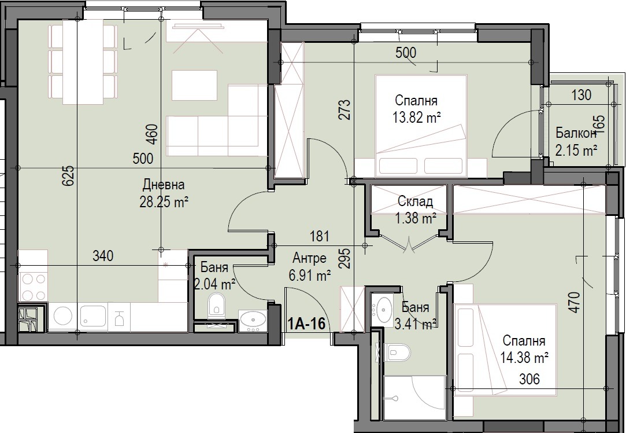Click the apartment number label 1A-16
(306, 323)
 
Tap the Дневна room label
(164, 185)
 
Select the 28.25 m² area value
(164, 202)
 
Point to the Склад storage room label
(415, 201)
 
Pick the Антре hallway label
(309, 258)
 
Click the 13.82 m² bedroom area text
(416, 118)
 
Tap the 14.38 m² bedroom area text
(524, 357)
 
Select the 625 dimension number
(68, 175)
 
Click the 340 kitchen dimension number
(103, 255)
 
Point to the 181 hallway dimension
(320, 236)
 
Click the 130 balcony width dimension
(581, 95)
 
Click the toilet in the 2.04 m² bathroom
(216, 306)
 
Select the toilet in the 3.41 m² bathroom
(397, 352)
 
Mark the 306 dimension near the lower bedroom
(529, 378)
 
